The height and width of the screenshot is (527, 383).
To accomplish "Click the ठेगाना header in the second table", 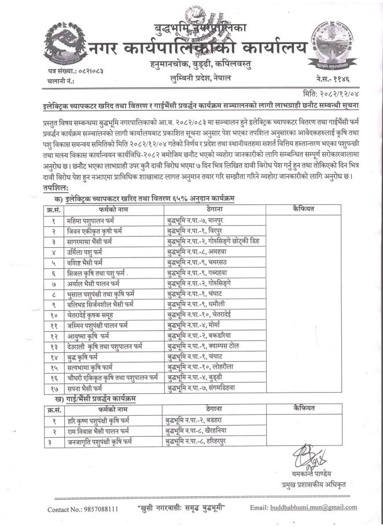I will point(212,408).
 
